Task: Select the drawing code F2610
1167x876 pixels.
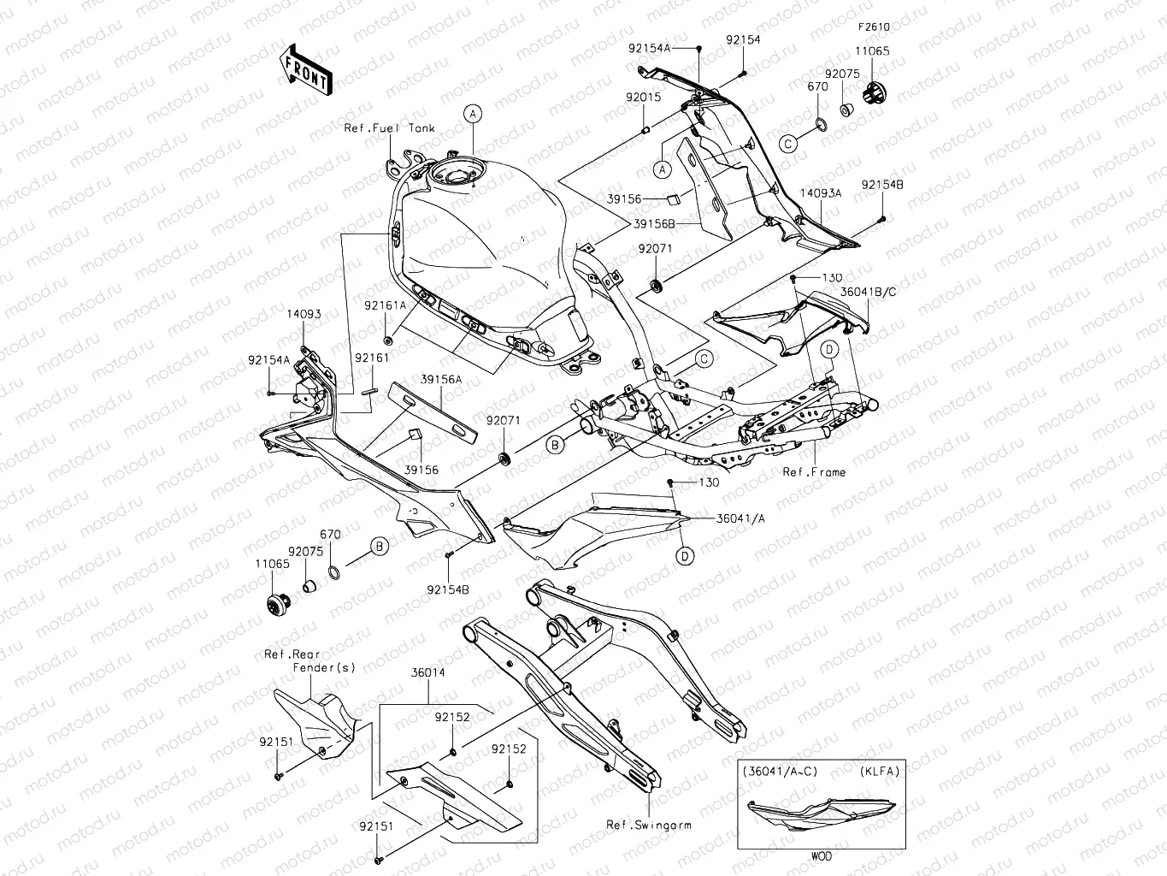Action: pos(874,27)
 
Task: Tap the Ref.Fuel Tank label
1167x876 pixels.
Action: pos(389,128)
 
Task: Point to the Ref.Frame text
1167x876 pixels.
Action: pos(814,472)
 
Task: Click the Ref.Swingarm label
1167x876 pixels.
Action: pos(649,826)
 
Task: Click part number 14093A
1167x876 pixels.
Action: pos(821,193)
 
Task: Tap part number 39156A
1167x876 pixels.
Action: pos(441,379)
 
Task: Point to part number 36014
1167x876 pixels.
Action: pos(427,673)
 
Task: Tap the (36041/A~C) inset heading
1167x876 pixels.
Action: pos(780,771)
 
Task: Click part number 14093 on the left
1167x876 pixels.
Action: pos(304,314)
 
